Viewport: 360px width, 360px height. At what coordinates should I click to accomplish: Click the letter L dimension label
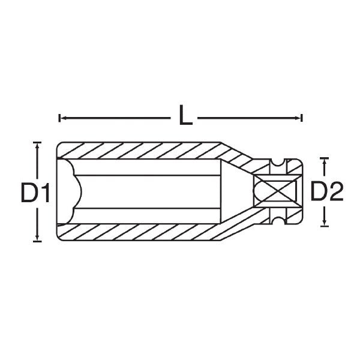tap(186, 115)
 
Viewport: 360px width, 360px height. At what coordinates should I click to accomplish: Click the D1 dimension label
tap(35, 193)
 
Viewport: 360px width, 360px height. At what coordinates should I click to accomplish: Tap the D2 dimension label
tap(327, 191)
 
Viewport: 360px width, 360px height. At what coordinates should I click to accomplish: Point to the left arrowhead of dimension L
tap(64, 118)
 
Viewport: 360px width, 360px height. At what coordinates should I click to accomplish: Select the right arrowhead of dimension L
tap(298, 118)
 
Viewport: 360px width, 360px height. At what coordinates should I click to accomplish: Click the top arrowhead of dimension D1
tap(37, 147)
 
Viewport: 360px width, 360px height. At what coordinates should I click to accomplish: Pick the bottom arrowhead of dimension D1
tap(37, 236)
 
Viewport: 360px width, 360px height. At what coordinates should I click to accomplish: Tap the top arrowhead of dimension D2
tap(324, 163)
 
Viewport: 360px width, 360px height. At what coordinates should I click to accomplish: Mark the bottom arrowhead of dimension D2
tap(324, 222)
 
